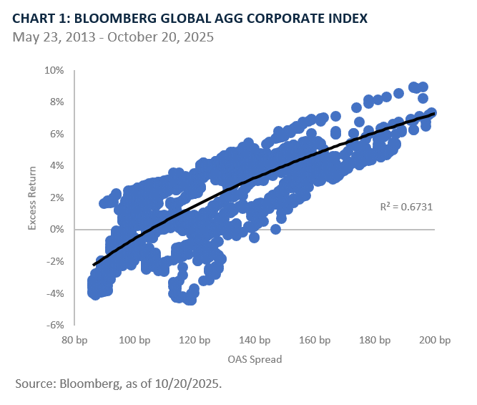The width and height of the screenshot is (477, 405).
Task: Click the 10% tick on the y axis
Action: [x=54, y=71]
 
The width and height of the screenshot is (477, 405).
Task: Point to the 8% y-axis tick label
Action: [x=56, y=102]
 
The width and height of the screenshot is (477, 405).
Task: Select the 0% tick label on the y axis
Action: [x=56, y=230]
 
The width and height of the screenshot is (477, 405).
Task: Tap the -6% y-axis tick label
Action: [x=54, y=325]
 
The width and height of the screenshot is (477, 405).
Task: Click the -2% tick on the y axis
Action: [x=54, y=261]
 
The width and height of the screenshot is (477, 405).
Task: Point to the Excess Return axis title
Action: [x=32, y=197]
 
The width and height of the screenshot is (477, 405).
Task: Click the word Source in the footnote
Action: [x=33, y=384]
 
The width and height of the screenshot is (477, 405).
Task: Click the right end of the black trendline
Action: [x=433, y=114]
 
